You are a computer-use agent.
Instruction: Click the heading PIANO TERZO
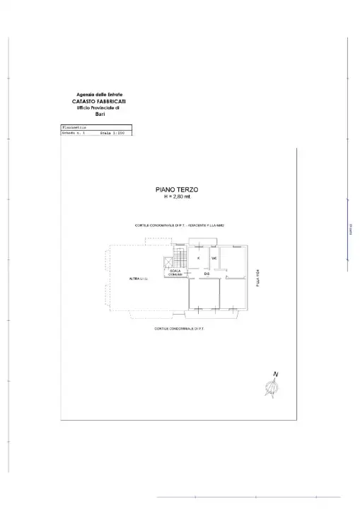click(178, 189)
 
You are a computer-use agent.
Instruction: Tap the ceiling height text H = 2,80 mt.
click(178, 197)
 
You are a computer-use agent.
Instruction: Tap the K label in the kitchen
click(199, 259)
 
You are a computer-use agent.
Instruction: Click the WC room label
click(213, 259)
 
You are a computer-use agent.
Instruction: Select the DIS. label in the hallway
click(208, 274)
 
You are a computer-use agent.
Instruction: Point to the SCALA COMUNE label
click(175, 272)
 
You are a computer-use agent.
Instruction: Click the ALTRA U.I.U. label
click(138, 279)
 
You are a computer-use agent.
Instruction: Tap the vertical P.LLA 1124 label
click(259, 278)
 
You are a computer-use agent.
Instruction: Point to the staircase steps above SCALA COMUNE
click(180, 259)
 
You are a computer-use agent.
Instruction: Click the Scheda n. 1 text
click(74, 133)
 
